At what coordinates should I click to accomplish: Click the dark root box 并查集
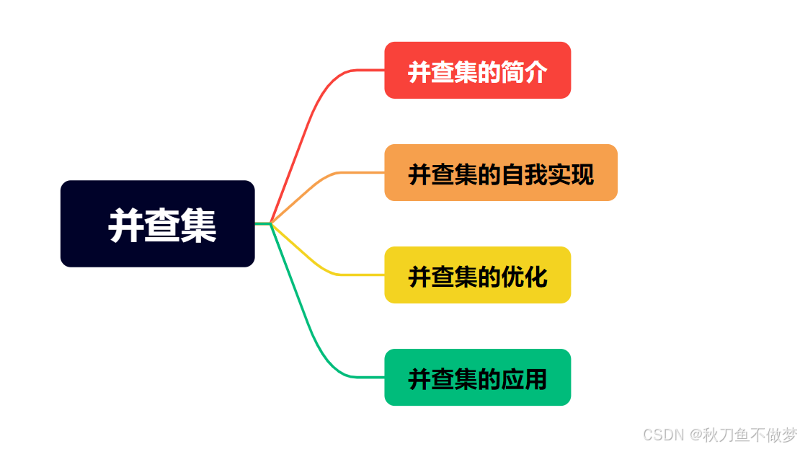tap(157, 223)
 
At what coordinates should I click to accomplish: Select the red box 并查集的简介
tap(478, 71)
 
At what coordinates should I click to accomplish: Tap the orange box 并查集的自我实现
tap(501, 172)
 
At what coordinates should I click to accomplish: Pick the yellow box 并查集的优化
tap(478, 275)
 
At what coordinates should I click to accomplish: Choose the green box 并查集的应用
tap(478, 378)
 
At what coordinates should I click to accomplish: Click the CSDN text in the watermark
tap(663, 435)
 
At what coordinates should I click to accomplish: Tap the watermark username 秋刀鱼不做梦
tap(750, 435)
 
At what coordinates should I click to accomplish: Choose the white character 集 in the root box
tap(198, 226)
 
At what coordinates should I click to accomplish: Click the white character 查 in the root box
tap(162, 226)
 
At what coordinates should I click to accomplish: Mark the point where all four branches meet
tap(271, 223)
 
